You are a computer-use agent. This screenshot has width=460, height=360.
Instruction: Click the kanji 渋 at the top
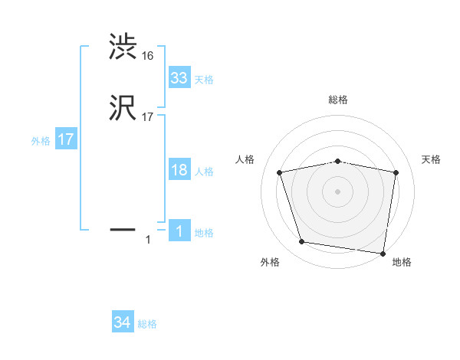point(123,47)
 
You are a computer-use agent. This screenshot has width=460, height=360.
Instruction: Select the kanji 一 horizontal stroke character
point(123,228)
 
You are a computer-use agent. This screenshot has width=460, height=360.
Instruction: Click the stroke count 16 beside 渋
point(148,55)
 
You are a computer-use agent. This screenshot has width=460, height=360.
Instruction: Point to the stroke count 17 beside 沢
point(148,117)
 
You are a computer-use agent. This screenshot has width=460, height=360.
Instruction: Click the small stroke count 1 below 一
point(148,241)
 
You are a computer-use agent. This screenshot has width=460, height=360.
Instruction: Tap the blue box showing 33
point(179,78)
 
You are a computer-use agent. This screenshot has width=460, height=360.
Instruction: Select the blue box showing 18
point(179,170)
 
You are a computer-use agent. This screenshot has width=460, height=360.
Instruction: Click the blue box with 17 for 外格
point(66,140)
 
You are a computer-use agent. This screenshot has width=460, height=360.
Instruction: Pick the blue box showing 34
point(123,323)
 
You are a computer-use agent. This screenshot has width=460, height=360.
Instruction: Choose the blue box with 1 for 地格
point(179,231)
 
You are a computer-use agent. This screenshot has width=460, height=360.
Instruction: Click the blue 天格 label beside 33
point(204,80)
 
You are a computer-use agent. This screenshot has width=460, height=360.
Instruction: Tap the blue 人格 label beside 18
point(204,172)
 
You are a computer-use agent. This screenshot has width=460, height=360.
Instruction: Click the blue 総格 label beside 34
point(147,325)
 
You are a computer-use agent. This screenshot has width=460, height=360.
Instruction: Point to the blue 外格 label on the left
point(41,141)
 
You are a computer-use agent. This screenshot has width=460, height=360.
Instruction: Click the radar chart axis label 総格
point(338,100)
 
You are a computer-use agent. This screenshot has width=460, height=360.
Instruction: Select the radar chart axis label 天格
point(432,159)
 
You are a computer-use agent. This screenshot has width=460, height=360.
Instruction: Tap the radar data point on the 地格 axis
point(383,253)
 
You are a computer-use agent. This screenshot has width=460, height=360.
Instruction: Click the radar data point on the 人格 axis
point(280,172)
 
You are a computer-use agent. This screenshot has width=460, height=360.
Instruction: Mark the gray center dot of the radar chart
point(338,191)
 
